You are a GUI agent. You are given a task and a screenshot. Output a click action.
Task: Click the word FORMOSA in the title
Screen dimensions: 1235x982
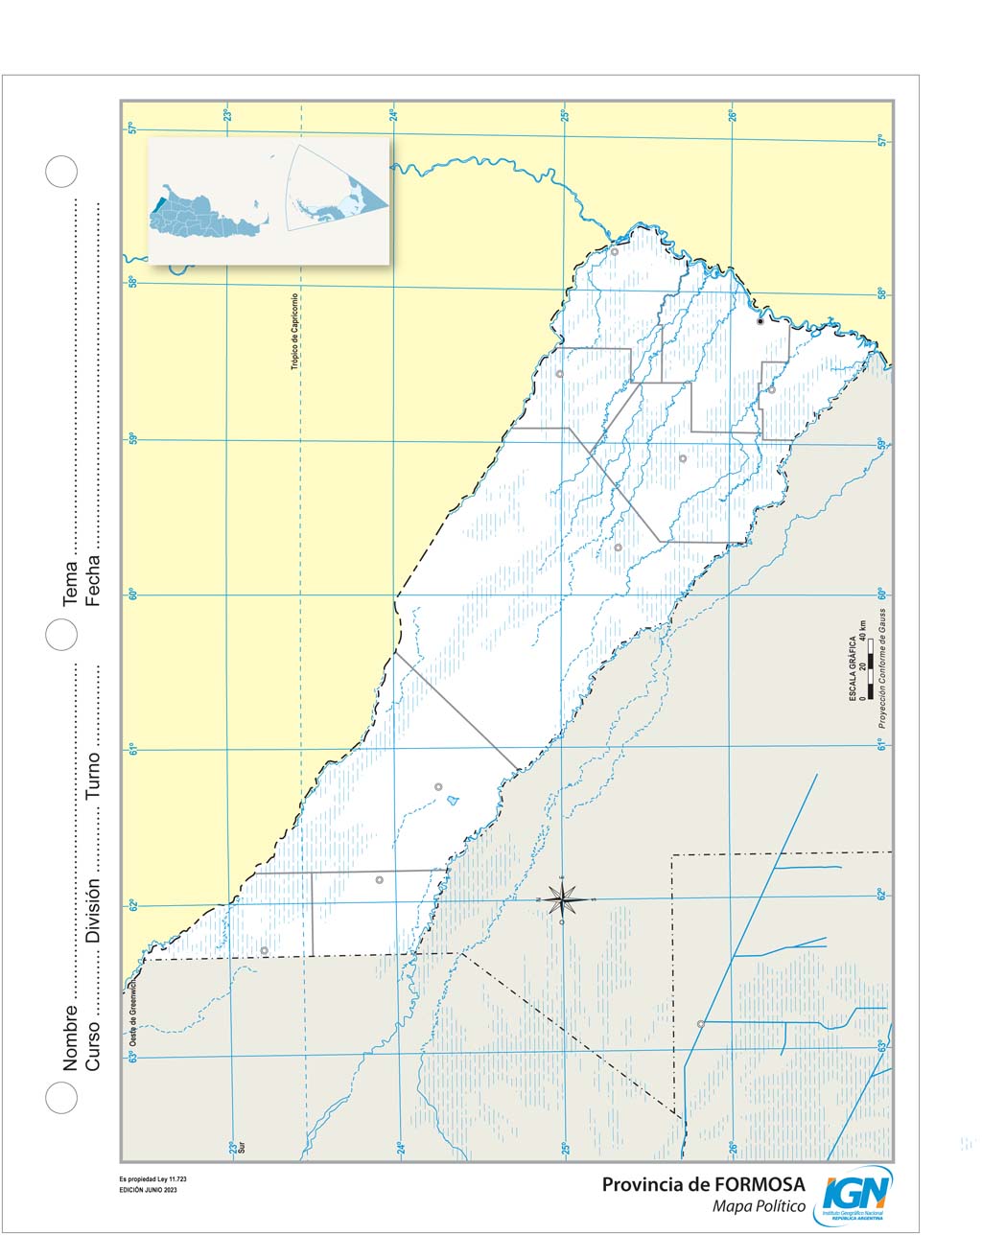pyautogui.click(x=754, y=1184)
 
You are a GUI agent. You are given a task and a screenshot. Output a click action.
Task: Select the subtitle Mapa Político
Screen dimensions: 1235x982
pyautogui.click(x=759, y=1205)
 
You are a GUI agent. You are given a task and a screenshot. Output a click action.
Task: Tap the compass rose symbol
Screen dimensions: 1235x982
pyautogui.click(x=562, y=899)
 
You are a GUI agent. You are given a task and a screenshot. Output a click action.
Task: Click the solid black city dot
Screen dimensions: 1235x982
pyautogui.click(x=760, y=322)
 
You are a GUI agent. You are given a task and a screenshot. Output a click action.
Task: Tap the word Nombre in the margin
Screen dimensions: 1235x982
pyautogui.click(x=70, y=1037)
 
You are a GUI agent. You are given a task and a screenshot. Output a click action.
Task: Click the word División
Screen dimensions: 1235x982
pyautogui.click(x=93, y=909)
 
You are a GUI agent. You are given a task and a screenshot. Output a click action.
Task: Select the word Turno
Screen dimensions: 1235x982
pyautogui.click(x=93, y=777)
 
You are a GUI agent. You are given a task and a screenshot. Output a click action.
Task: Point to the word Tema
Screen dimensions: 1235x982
pyautogui.click(x=70, y=583)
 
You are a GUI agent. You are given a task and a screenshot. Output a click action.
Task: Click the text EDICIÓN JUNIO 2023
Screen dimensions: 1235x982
pyautogui.click(x=149, y=1190)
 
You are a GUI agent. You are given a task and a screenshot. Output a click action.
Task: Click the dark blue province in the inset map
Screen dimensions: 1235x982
pyautogui.click(x=156, y=205)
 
